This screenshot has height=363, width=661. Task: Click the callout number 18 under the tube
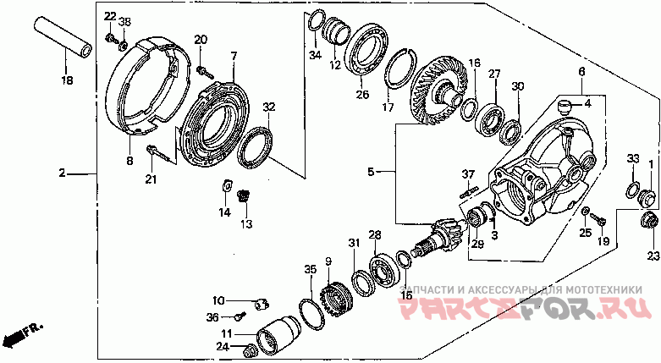click(x=68, y=80)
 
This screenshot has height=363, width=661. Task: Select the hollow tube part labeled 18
click(x=63, y=37)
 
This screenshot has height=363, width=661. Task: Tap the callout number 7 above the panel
click(x=234, y=56)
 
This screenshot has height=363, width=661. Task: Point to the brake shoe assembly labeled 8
click(x=146, y=85)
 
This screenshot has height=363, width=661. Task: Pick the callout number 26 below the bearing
click(x=362, y=94)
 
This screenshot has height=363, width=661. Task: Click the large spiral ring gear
click(x=438, y=94)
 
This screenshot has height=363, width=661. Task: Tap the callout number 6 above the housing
click(x=581, y=72)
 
